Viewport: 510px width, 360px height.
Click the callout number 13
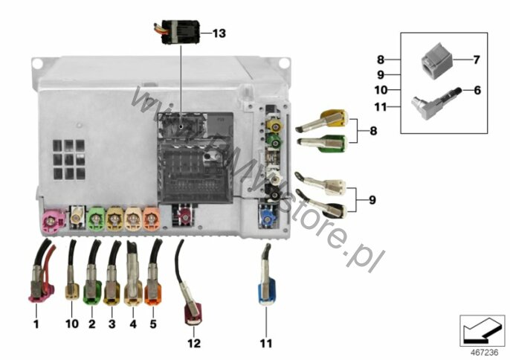(x=219, y=33)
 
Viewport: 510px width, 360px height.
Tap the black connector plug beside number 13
(x=178, y=32)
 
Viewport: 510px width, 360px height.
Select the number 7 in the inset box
(x=476, y=60)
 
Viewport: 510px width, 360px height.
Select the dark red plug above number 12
(x=190, y=293)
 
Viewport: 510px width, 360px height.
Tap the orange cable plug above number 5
(x=154, y=277)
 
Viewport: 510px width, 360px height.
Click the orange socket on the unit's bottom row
(x=151, y=219)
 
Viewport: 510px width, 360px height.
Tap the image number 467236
(x=484, y=353)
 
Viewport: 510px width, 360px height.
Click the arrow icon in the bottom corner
(x=482, y=331)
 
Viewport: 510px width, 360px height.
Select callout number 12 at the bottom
(x=194, y=343)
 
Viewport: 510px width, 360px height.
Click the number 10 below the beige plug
(x=72, y=324)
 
